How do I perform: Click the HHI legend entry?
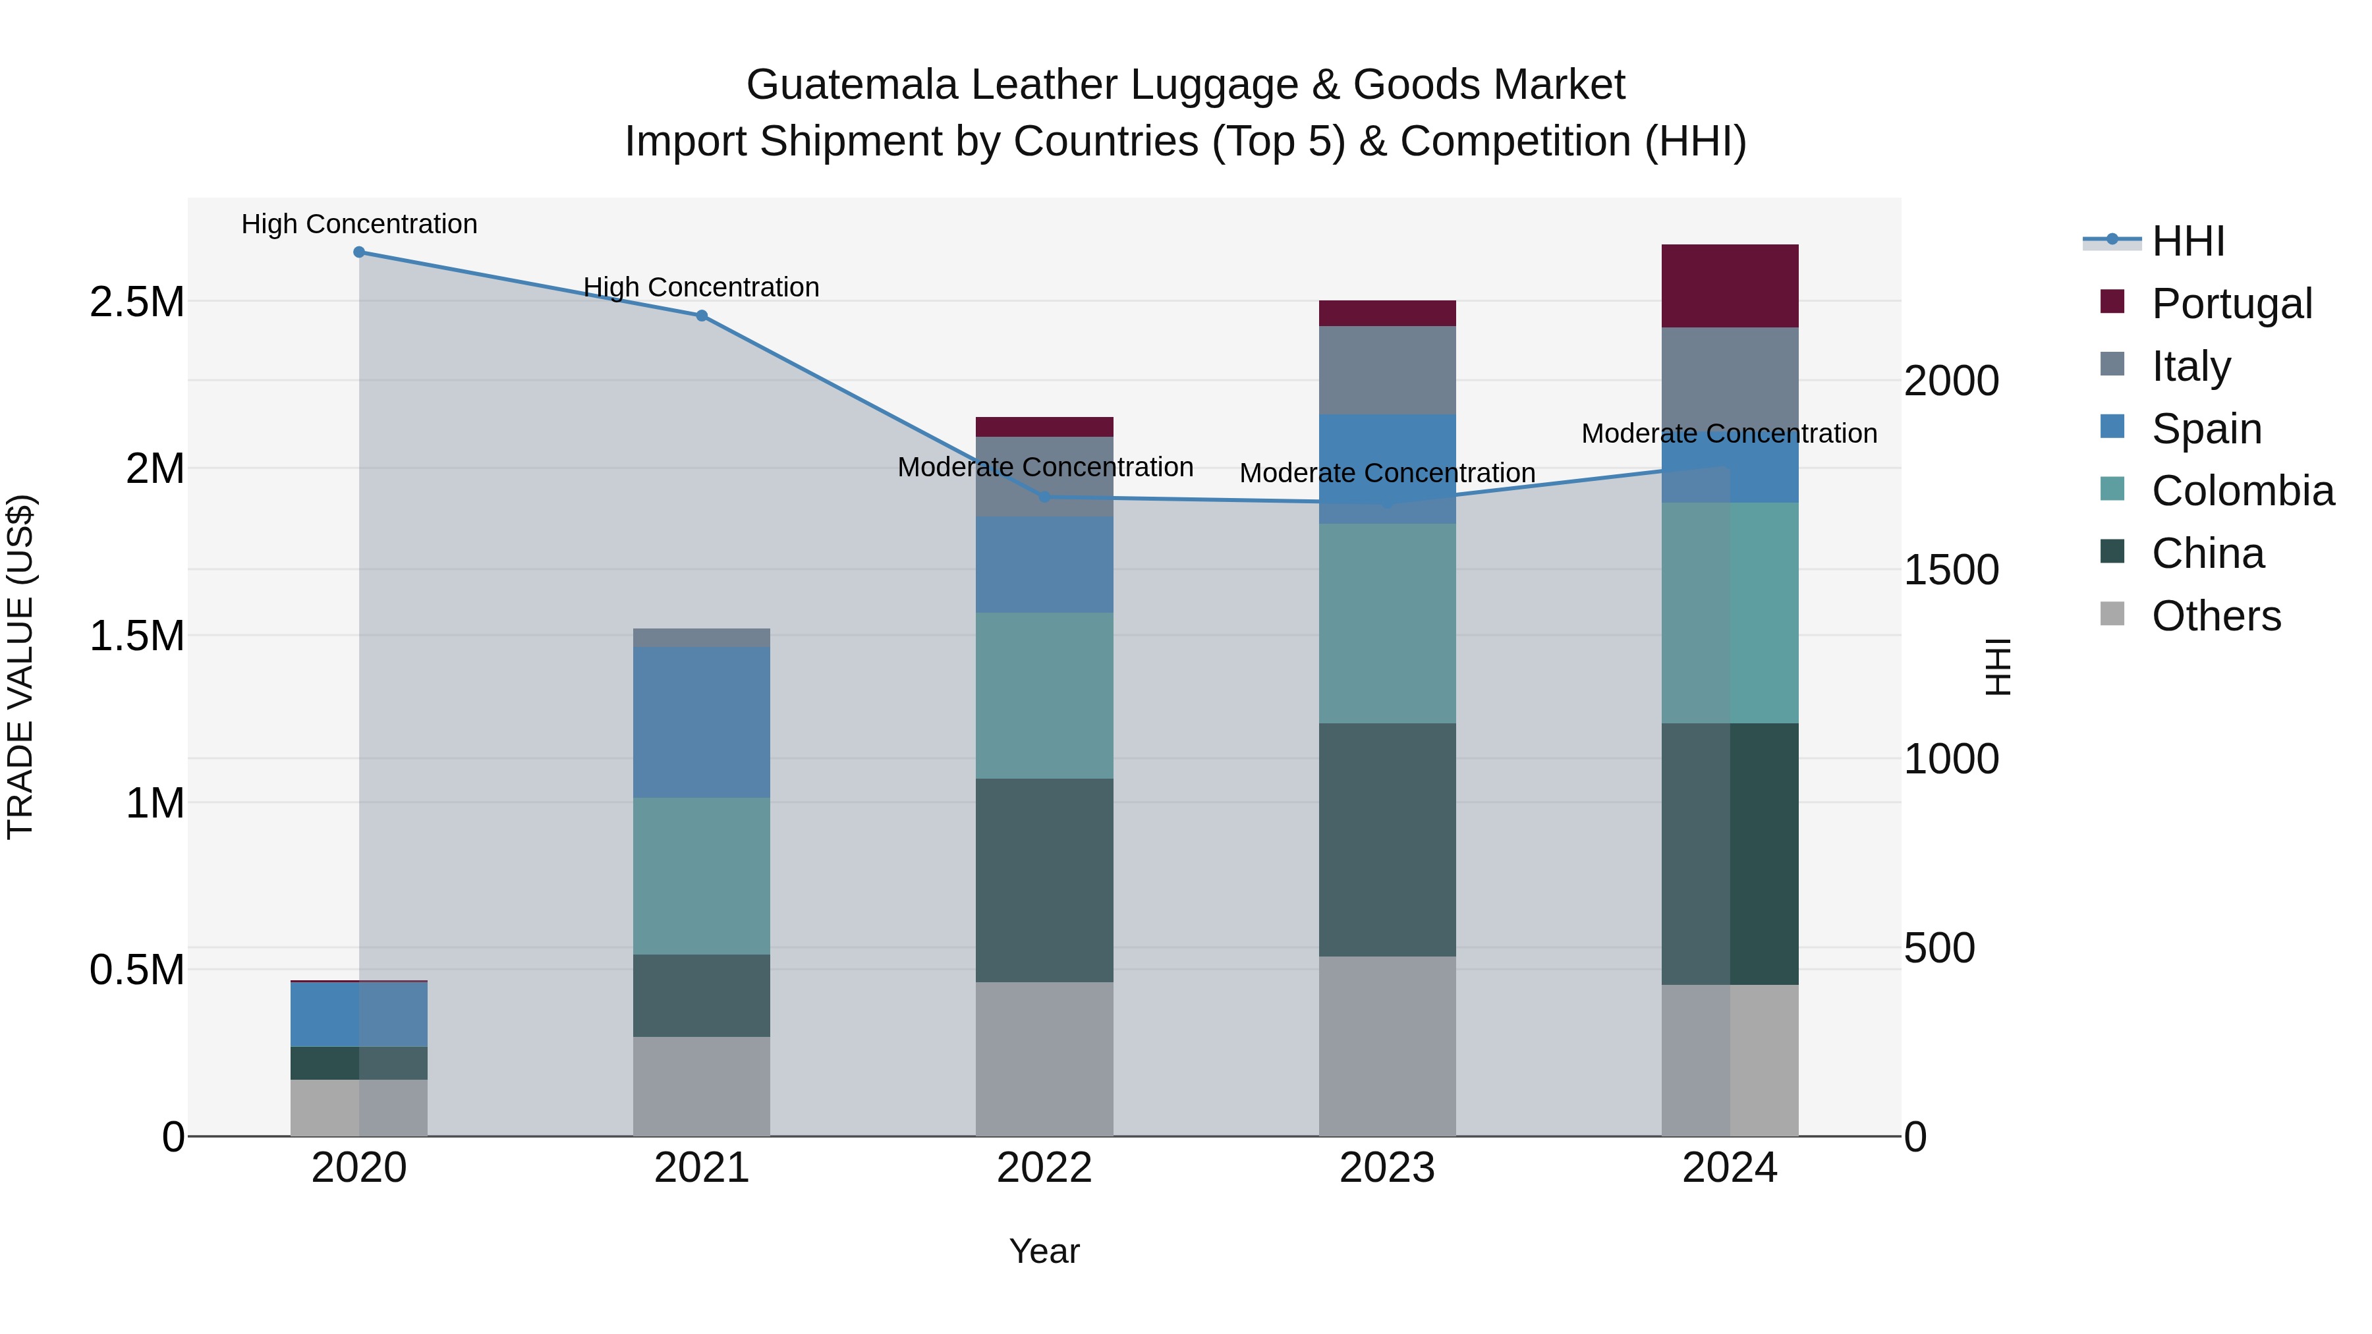point(2187,241)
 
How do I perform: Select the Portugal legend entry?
point(2231,304)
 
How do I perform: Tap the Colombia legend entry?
point(2242,491)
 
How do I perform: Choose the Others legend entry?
point(2215,616)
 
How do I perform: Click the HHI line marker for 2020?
point(359,252)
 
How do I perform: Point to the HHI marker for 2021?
point(702,316)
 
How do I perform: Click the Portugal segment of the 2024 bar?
point(1730,287)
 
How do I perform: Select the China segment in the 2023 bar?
point(1387,840)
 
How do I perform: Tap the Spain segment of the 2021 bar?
point(702,723)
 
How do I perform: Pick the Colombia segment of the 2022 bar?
point(1044,696)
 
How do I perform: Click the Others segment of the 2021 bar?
point(702,1086)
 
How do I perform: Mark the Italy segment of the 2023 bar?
point(1387,370)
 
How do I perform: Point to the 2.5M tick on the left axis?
point(137,302)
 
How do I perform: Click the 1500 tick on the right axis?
point(1950,570)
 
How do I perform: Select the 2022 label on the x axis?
point(1044,1168)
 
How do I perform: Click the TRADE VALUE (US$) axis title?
point(20,667)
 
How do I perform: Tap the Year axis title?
point(1044,1251)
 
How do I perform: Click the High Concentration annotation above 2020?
point(359,224)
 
